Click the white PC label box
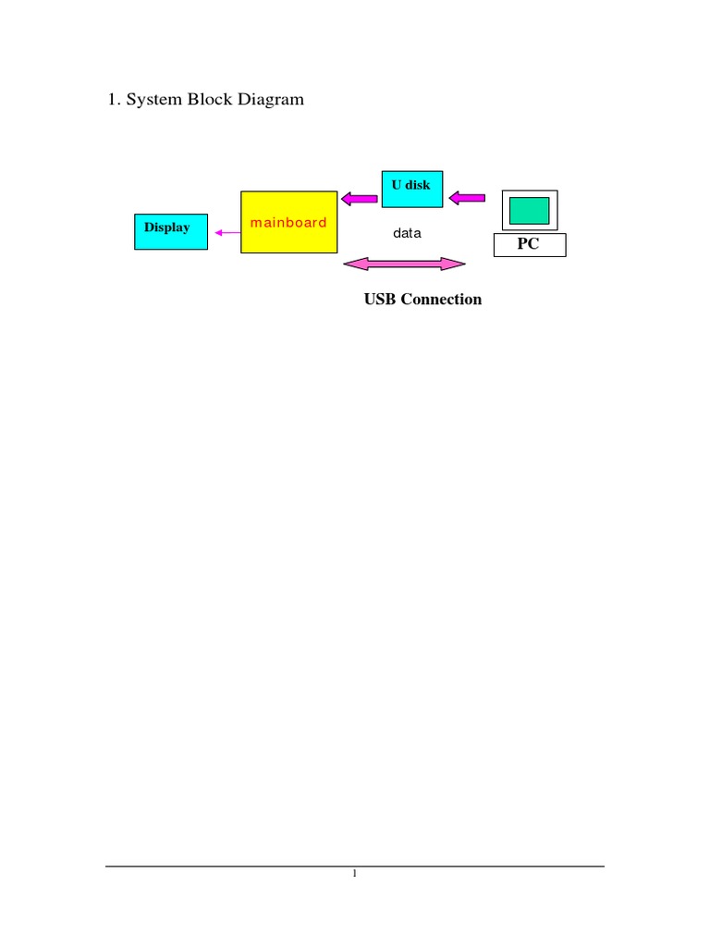529,245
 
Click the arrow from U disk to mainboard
360,197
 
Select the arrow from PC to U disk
469,197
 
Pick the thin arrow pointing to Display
226,233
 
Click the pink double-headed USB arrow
404,265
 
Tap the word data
407,233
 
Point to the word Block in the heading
211,99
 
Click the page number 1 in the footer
354,875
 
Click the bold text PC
529,245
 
